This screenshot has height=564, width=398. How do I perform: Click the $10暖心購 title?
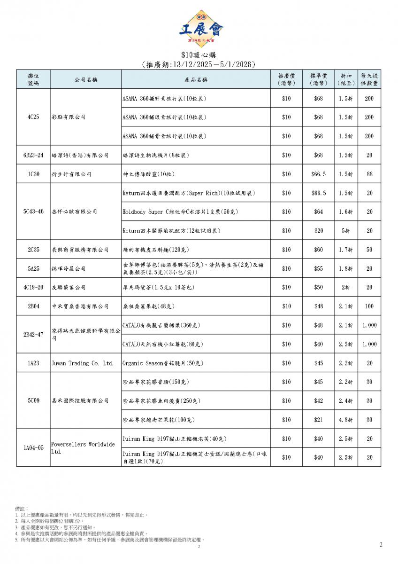[x=199, y=55]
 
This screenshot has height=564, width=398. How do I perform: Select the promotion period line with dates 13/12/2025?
[x=199, y=64]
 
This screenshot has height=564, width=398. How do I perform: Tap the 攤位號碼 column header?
[x=33, y=79]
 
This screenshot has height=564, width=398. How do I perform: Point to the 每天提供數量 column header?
[x=369, y=79]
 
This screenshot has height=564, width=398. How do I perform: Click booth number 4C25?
[x=33, y=117]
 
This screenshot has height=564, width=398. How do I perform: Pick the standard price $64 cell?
[x=318, y=212]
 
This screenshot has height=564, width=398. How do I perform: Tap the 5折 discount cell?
[x=346, y=231]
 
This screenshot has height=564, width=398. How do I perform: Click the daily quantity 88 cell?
[x=369, y=174]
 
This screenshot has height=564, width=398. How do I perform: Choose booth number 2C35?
[x=33, y=250]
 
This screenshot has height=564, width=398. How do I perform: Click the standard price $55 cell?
[x=318, y=268]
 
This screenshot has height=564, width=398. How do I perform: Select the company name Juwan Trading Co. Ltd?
[x=82, y=363]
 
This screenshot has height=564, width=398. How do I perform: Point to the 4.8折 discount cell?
[x=346, y=420]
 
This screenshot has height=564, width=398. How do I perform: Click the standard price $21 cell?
[x=318, y=420]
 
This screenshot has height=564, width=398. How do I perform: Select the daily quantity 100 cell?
[x=369, y=306]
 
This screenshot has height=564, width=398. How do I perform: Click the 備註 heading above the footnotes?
[x=22, y=509]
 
